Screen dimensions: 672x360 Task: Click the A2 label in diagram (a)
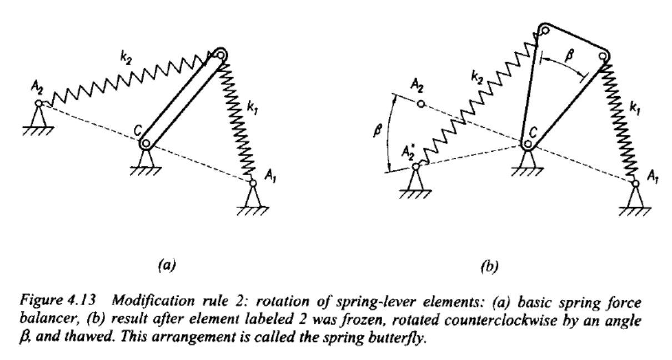click(x=37, y=88)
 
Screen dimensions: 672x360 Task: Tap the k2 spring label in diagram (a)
click(x=126, y=58)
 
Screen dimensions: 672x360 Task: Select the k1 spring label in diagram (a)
click(x=252, y=108)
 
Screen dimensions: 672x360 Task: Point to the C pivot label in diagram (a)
click(x=138, y=131)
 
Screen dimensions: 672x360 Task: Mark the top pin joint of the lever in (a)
click(x=221, y=55)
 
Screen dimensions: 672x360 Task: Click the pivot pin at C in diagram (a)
click(x=146, y=144)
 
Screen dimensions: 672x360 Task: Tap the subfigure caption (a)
click(x=167, y=266)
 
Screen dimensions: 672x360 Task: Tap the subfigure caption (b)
click(x=490, y=267)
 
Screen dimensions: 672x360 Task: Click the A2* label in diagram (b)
click(x=409, y=152)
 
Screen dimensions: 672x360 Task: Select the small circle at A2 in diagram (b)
click(x=421, y=104)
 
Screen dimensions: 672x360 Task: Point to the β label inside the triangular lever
click(x=570, y=56)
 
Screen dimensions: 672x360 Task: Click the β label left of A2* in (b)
click(x=378, y=131)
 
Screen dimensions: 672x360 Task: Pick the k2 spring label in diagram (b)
click(x=477, y=78)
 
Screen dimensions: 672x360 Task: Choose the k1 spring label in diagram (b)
click(x=635, y=108)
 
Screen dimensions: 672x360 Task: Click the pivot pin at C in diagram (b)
click(x=528, y=144)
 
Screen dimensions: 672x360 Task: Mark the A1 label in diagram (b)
click(x=653, y=177)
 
